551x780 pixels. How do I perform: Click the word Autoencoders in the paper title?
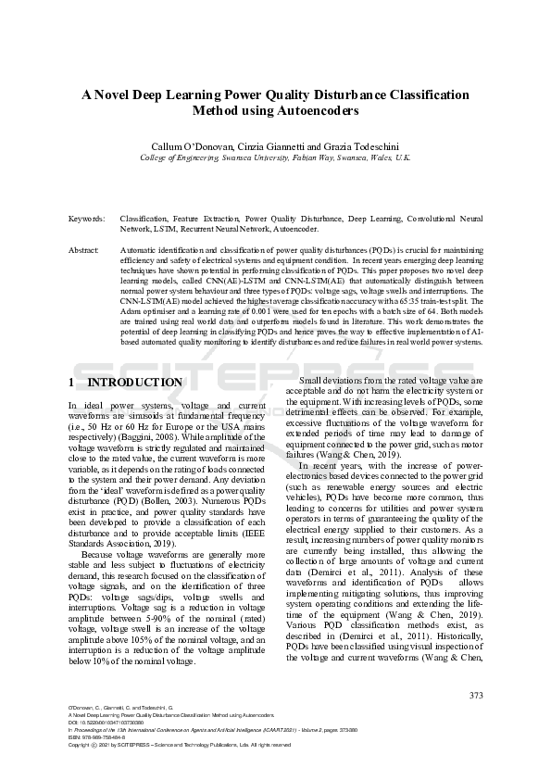coord(319,110)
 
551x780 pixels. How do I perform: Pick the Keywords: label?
coord(87,219)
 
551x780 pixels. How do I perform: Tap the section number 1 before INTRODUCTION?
coord(72,382)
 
